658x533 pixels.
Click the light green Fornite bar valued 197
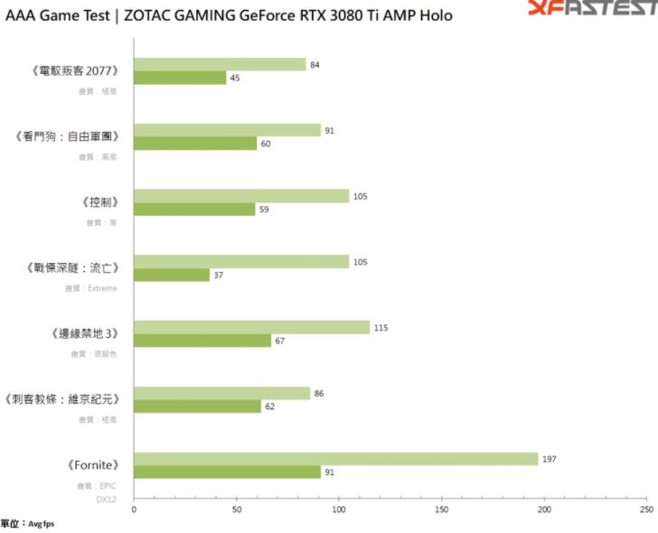tap(336, 459)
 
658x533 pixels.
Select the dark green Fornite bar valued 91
tap(228, 472)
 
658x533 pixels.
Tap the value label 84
tap(315, 64)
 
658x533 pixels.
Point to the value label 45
tap(234, 78)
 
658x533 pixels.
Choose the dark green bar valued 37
tap(172, 275)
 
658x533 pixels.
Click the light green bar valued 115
tap(252, 327)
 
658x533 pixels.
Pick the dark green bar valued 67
tap(202, 341)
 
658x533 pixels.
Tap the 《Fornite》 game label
tap(93, 466)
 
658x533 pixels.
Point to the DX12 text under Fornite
tap(107, 499)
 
